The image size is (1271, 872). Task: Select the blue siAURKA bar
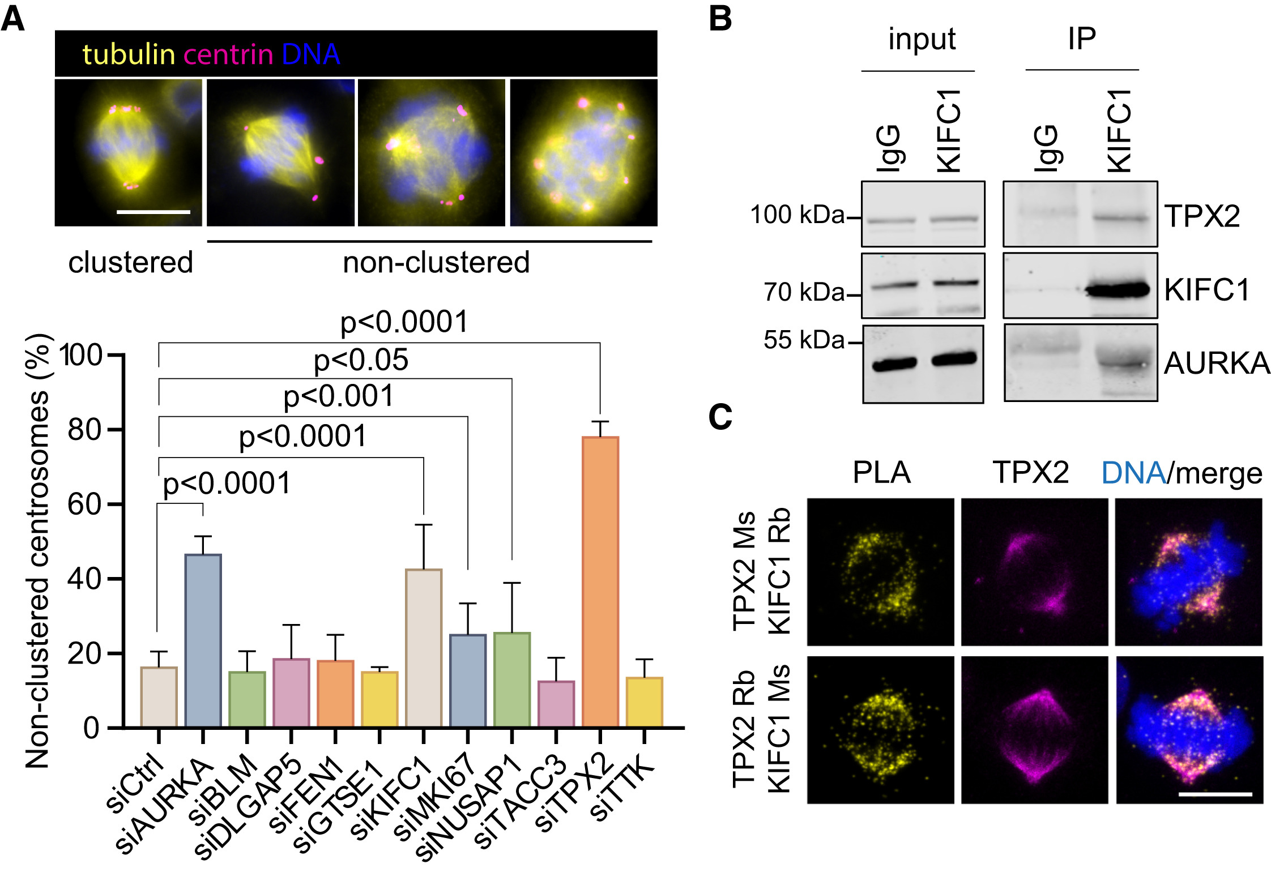(203, 640)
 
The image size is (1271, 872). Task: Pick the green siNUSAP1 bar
(511, 679)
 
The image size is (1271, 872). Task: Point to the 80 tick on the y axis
(85, 430)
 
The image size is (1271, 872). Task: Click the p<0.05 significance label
(361, 360)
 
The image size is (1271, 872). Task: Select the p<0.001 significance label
(338, 396)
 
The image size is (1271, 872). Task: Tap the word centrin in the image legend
(228, 55)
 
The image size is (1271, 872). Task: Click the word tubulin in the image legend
(129, 55)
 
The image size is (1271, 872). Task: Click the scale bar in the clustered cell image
(153, 212)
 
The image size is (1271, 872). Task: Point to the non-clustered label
(436, 263)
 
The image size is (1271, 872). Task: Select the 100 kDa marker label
(797, 215)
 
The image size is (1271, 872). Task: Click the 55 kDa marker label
(804, 340)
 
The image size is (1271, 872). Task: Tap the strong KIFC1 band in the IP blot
(1118, 290)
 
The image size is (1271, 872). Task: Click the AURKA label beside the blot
(1217, 363)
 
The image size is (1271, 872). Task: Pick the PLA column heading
(881, 472)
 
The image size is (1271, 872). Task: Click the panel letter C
(720, 417)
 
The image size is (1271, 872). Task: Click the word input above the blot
(922, 40)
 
